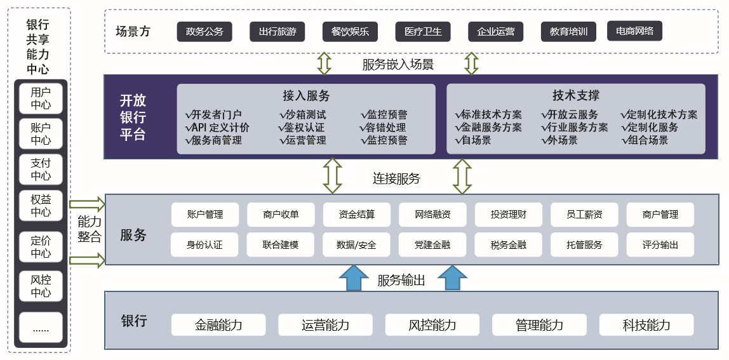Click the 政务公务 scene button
[204, 31]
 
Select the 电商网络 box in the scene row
[635, 30]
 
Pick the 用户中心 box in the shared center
[41, 98]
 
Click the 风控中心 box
[41, 286]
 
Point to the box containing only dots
[41, 328]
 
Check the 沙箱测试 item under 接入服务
[303, 115]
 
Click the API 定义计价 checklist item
[217, 128]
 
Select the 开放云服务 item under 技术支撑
[570, 115]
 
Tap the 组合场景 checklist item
[645, 140]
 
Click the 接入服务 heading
[306, 96]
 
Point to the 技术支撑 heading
[576, 96]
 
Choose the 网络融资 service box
[432, 215]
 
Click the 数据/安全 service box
[356, 244]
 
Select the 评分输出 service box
[660, 244]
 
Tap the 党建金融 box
[432, 244]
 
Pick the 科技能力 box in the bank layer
[646, 325]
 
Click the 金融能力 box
[218, 325]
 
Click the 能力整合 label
[89, 229]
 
